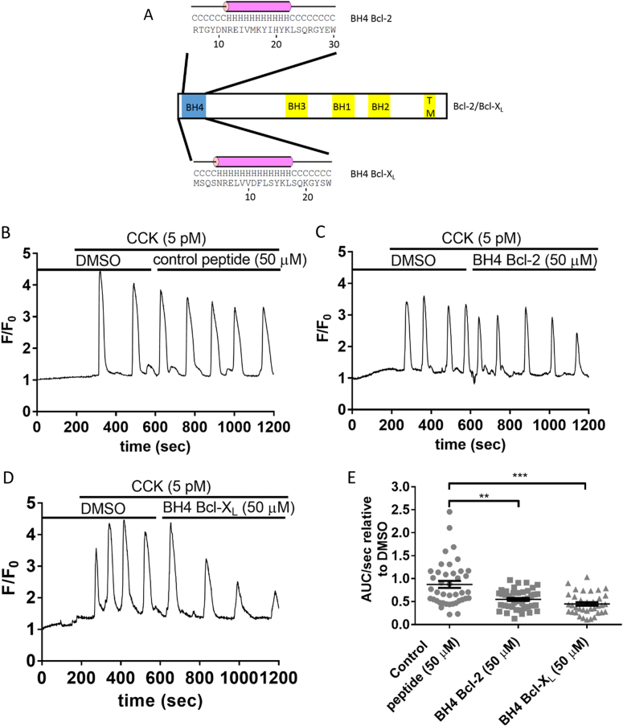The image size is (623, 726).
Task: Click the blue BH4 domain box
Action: [193, 106]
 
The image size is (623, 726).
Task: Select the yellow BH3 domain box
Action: [297, 106]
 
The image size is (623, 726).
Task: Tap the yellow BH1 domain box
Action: [343, 106]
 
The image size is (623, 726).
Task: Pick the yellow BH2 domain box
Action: [379, 106]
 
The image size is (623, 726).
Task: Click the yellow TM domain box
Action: [430, 106]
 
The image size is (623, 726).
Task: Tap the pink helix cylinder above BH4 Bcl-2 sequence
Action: [240, 6]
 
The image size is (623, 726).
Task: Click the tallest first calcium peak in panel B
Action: [100, 273]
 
